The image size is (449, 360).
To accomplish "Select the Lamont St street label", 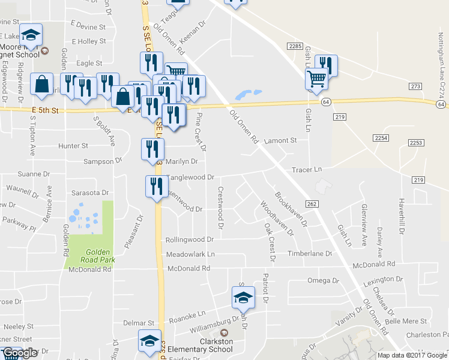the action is pos(281,140).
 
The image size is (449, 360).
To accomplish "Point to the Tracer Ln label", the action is pos(307,170).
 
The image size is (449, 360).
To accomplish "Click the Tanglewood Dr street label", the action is pos(190,178).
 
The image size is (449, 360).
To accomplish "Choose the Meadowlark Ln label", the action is pos(190,254).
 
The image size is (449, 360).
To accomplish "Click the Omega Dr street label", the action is pos(319,281).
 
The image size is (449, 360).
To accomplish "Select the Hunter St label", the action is pos(73,146).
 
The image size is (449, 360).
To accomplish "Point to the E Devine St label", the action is pos(88,27).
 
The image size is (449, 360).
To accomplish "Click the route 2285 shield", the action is pos(294,46).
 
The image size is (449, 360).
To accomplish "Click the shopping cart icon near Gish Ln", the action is pos(316,78).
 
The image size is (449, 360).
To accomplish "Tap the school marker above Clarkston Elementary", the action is pos(243,296).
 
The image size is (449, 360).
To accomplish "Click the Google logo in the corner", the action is pos(20,353).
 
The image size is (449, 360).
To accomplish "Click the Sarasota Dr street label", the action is pos(90,193).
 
